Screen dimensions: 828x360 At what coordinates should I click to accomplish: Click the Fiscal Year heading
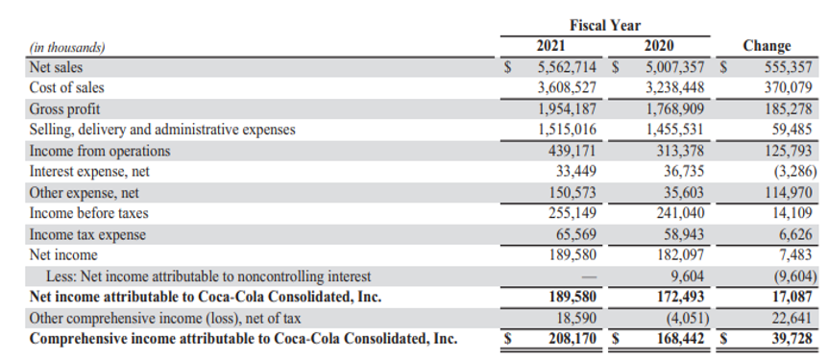coord(605,25)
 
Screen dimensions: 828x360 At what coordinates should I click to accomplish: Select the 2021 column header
coord(550,46)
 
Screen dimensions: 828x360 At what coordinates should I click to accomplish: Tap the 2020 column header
coord(659,46)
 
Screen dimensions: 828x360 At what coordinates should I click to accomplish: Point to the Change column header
coord(767,46)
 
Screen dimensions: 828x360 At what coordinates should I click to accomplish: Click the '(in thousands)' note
coord(67,47)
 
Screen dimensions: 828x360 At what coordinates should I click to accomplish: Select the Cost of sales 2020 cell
coord(675,87)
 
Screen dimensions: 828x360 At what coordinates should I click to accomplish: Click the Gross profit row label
coord(64,109)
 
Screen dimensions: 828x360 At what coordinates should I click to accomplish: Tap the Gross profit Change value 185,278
coord(789,109)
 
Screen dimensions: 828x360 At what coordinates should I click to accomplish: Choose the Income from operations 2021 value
coord(572,151)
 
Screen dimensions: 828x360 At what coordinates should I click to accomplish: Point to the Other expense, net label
coord(84,193)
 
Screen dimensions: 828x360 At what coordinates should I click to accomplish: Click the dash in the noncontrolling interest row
coord(590,276)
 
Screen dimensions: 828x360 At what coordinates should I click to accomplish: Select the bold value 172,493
coord(680,297)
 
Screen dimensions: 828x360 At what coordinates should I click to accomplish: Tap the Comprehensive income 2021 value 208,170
coord(572,338)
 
